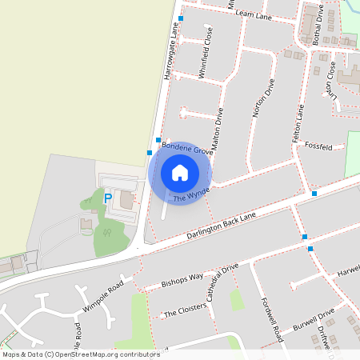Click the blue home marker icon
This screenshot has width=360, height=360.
click(180, 173)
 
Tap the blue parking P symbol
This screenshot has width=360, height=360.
click(108, 198)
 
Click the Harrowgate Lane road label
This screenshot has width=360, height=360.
click(169, 49)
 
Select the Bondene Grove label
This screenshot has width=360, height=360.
click(187, 147)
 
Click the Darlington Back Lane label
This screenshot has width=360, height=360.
click(222, 226)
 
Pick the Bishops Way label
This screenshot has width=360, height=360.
click(183, 279)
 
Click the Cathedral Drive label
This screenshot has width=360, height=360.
click(222, 282)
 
